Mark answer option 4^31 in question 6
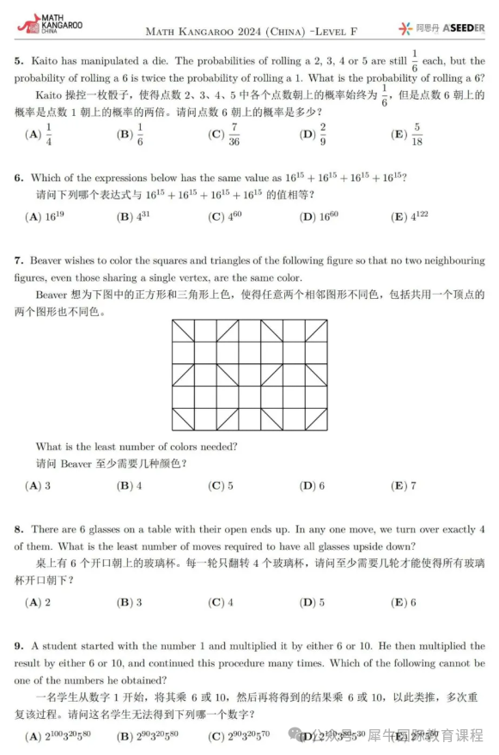click(134, 217)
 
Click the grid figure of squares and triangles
click(249, 374)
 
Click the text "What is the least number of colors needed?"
click(137, 447)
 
